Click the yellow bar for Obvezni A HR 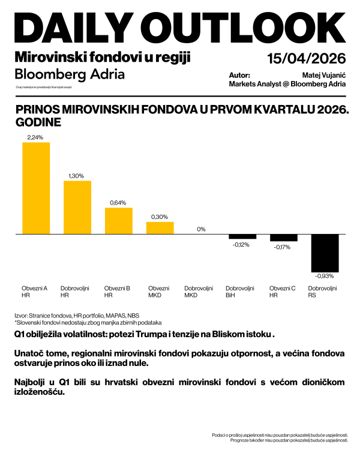point(36,188)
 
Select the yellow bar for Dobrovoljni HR point(77,207)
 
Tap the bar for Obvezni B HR point(119,221)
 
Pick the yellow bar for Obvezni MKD point(160,227)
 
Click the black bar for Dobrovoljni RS point(325,253)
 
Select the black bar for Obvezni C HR point(284,238)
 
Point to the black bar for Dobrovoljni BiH point(242,236)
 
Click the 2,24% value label point(35,137)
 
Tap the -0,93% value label point(325,276)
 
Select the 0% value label point(202,229)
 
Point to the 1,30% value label point(77,176)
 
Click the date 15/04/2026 point(307,59)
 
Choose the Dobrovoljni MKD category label point(199,292)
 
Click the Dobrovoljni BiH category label point(240,292)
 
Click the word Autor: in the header point(239,76)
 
